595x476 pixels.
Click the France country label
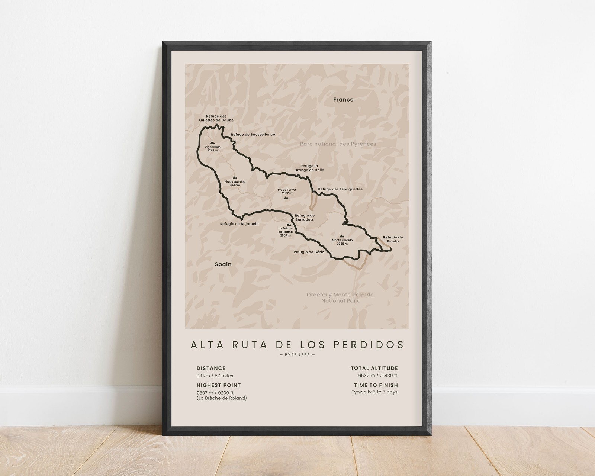[x=343, y=100]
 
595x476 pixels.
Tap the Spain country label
[x=223, y=264]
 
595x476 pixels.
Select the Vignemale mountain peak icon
[x=212, y=142]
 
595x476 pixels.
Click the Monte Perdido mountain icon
[x=342, y=236]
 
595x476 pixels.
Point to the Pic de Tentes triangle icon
[x=286, y=198]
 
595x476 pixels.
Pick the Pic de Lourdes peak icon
[x=234, y=178]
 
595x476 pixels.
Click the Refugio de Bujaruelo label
[x=239, y=224]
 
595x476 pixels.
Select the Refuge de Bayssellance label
[x=253, y=135]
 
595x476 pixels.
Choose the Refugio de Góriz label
[x=308, y=252]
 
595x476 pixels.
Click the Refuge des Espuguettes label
[x=340, y=189]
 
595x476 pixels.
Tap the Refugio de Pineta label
[x=393, y=239]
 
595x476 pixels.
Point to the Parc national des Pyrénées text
[x=338, y=144]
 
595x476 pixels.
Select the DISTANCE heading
[x=211, y=369]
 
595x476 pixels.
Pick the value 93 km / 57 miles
[x=215, y=376]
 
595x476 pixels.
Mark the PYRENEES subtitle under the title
[x=297, y=355]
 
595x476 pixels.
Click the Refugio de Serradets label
[x=305, y=218]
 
